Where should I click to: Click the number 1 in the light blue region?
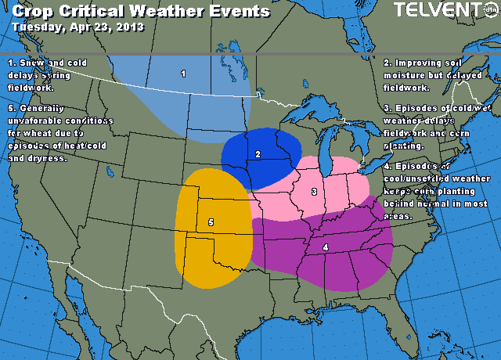click(183, 74)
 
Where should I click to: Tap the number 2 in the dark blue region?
click(258, 154)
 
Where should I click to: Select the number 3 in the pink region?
click(314, 192)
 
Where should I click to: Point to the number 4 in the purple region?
click(325, 247)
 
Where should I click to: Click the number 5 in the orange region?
click(211, 222)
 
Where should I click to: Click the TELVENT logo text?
click(438, 10)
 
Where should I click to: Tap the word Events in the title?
click(240, 12)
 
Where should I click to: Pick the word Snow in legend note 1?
click(32, 62)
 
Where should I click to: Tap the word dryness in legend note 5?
click(48, 159)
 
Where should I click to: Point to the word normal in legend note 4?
click(439, 203)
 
